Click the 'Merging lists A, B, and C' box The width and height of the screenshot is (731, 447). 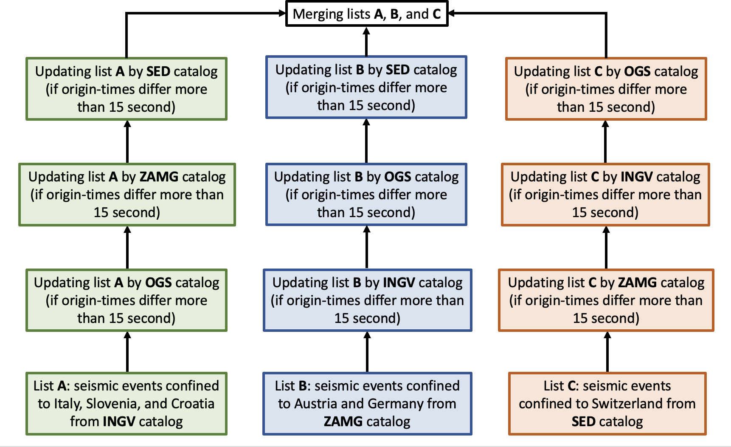(x=367, y=14)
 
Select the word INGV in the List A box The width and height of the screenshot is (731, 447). (x=119, y=422)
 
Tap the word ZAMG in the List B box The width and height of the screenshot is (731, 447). (x=343, y=422)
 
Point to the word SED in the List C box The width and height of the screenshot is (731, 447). (x=583, y=422)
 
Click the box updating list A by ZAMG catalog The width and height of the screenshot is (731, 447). (x=127, y=195)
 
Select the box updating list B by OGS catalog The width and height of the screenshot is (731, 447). (x=366, y=195)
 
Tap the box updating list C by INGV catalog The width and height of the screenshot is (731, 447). (x=605, y=195)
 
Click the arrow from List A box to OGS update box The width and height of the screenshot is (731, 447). (x=127, y=352)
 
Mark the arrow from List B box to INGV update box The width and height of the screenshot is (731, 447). (x=367, y=352)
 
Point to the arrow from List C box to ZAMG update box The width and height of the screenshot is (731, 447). (x=607, y=352)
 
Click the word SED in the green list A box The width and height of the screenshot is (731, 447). (x=158, y=71)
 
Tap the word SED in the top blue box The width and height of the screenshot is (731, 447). (x=398, y=70)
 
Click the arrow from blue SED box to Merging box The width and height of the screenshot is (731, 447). (x=366, y=41)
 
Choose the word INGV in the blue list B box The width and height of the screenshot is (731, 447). (x=399, y=283)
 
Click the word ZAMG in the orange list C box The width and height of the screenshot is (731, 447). (x=637, y=283)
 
